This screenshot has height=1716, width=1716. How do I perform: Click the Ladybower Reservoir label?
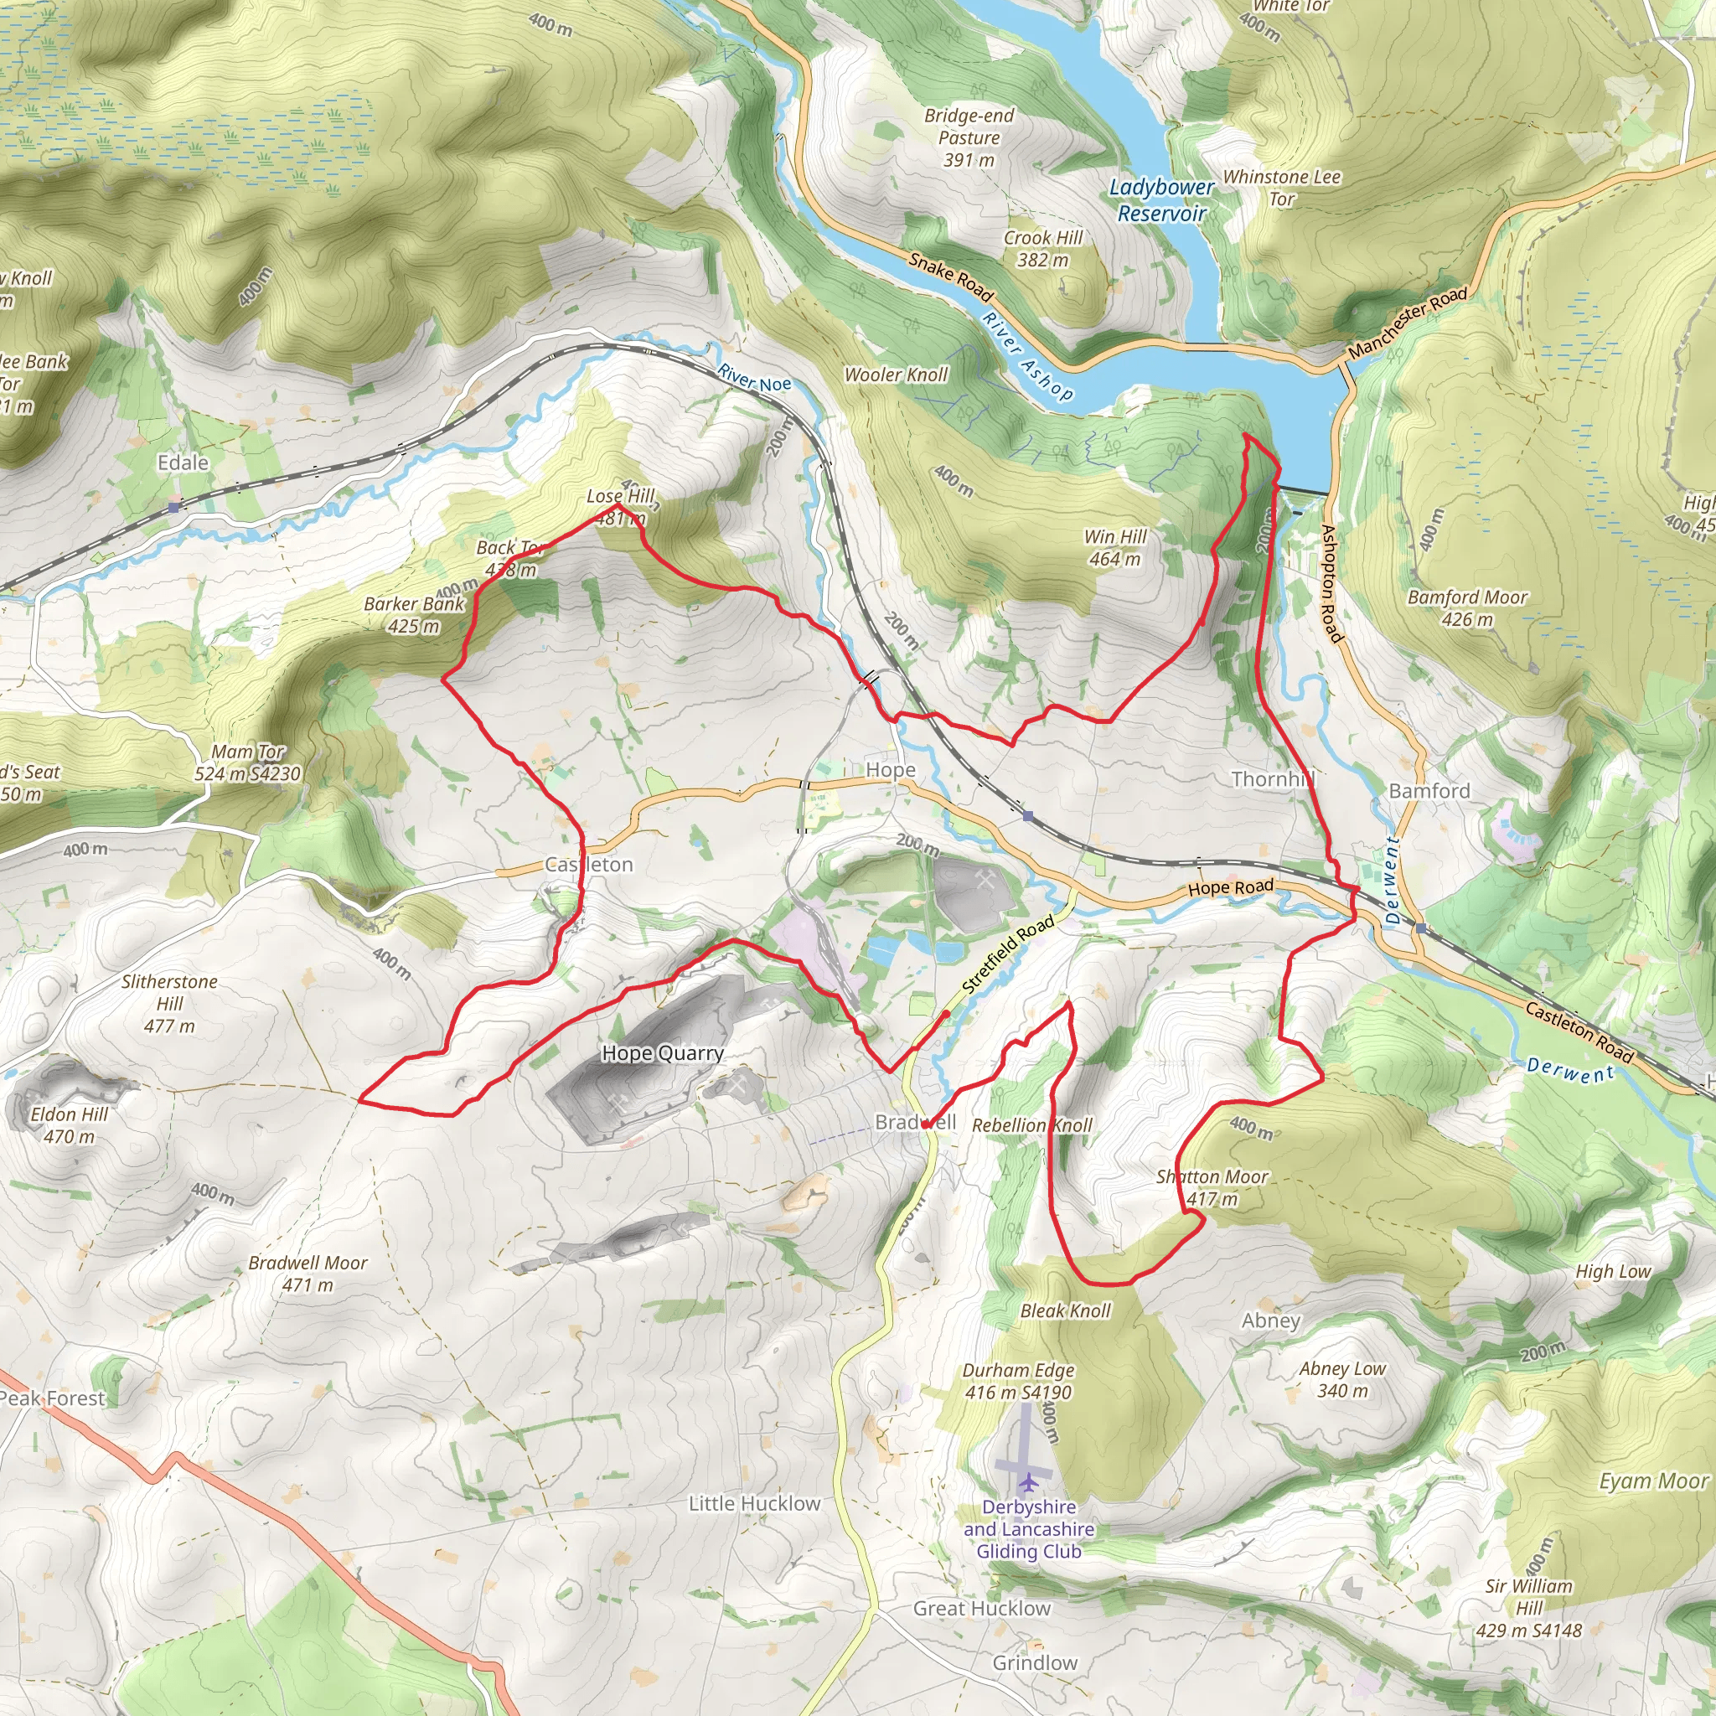1160,200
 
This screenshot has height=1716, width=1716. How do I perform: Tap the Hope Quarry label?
663,1053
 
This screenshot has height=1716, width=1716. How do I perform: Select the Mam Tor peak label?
248,762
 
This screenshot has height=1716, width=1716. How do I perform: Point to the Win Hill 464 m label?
1114,547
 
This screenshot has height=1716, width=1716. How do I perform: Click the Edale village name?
183,462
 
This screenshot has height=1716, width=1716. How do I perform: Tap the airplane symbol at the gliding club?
1027,1482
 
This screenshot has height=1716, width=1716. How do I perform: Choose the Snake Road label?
949,277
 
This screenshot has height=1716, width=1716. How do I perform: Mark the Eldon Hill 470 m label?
70,1124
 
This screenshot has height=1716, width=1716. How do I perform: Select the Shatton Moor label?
1212,1186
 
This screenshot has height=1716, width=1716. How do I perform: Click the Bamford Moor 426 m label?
1467,607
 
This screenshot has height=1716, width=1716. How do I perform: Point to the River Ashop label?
1027,355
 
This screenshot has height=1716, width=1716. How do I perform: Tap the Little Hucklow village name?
754,1504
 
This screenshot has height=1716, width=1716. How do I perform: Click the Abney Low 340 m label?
1342,1379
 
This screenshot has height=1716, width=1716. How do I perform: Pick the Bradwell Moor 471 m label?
308,1273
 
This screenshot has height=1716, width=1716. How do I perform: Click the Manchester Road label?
1407,323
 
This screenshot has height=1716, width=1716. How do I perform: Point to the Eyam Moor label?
1654,1481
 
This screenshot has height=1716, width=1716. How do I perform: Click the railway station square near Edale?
175,506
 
